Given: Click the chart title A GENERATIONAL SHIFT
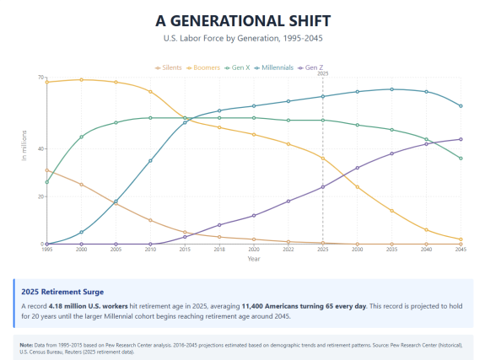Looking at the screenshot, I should point(243,20).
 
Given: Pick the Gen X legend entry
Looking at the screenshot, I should point(245,67).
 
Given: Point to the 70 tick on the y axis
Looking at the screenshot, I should point(40,78).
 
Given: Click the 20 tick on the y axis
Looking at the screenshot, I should point(40,196).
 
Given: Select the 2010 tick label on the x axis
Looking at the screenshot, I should point(150,250).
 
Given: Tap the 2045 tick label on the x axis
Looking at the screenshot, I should point(461,250).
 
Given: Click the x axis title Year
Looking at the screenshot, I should point(254,259).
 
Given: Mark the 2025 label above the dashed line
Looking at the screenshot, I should point(322,73).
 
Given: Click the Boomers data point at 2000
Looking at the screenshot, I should point(81,80).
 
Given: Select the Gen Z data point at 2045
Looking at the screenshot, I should point(461,139).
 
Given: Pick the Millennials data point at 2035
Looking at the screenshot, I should point(391,89).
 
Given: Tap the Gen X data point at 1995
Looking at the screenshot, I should point(46,182).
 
